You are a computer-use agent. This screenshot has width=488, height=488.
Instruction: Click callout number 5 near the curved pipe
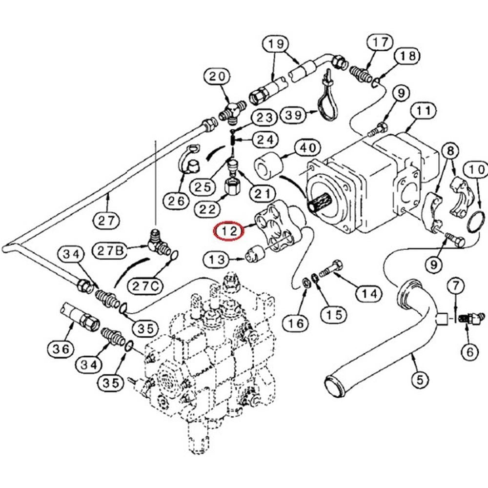coord(420,377)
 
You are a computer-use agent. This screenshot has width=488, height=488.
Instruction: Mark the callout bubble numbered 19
coord(276,45)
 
